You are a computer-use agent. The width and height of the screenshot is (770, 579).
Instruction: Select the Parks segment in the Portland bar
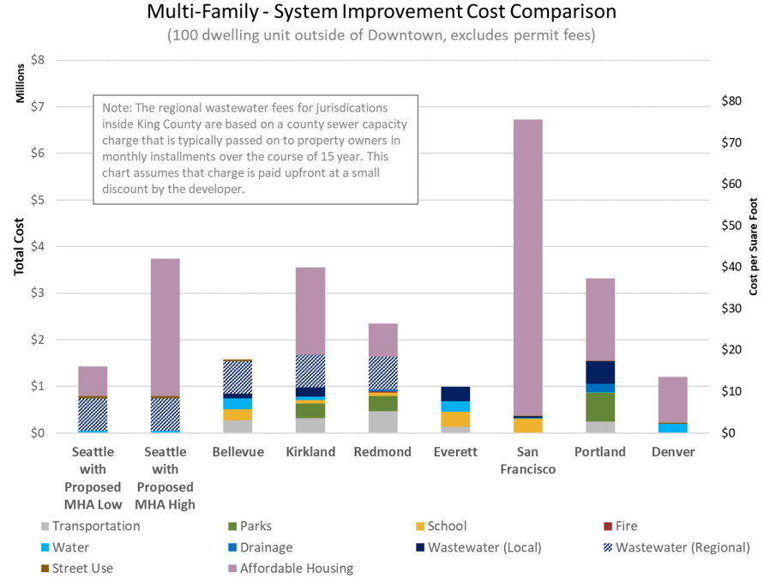pos(600,407)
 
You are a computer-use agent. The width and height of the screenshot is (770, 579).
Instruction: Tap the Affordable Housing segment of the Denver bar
pos(672,400)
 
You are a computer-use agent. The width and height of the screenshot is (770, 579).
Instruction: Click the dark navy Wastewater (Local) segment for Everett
pos(455,394)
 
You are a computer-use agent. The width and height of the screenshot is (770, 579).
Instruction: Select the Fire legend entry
pos(619,527)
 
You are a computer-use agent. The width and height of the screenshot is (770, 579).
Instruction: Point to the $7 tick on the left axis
pos(38,107)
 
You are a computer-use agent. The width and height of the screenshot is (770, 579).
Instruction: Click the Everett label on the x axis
pos(455,452)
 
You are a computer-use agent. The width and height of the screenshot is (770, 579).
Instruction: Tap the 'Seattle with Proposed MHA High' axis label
pos(165,478)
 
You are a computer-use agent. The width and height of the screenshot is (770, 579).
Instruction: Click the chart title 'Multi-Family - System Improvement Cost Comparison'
pos(380,14)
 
